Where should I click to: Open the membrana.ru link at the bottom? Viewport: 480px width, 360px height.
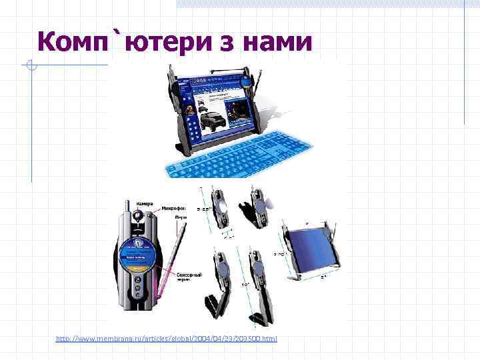[166, 339]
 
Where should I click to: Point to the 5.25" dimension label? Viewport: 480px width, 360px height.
[205, 209]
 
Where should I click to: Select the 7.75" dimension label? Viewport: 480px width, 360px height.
[280, 254]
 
